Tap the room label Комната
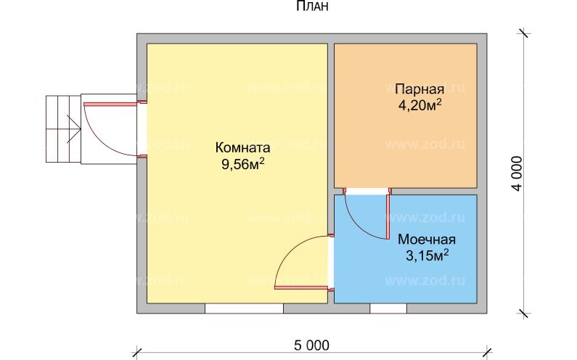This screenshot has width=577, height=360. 242,145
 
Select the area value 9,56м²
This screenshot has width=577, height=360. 242,163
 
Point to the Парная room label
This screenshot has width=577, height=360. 420,90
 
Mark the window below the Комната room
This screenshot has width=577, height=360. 244,308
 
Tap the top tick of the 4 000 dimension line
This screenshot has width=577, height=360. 523,33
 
